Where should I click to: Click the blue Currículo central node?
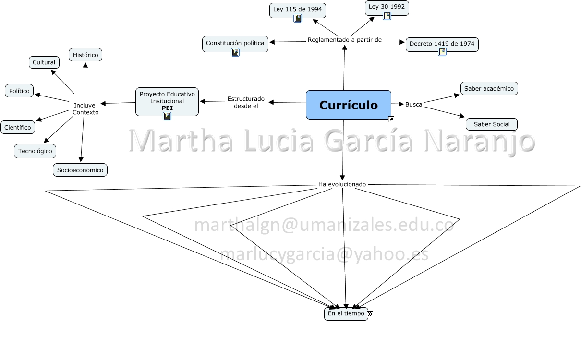(348, 105)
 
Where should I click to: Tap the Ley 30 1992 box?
(387, 7)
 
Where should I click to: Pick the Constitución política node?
(235, 43)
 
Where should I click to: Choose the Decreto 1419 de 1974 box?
(442, 44)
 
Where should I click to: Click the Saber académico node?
(489, 88)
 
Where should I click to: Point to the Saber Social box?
(491, 124)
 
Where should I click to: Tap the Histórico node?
(85, 55)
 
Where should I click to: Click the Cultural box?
(44, 62)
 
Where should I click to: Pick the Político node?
(19, 91)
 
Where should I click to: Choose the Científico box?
(18, 127)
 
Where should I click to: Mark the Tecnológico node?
(35, 151)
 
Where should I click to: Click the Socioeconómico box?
(80, 170)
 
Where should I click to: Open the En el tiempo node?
(346, 314)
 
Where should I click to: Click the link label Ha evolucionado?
(342, 184)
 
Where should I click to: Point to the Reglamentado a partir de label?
(344, 40)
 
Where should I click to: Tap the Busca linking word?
(413, 104)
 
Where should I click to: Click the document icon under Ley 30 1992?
(387, 16)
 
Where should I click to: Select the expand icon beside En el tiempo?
(370, 314)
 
